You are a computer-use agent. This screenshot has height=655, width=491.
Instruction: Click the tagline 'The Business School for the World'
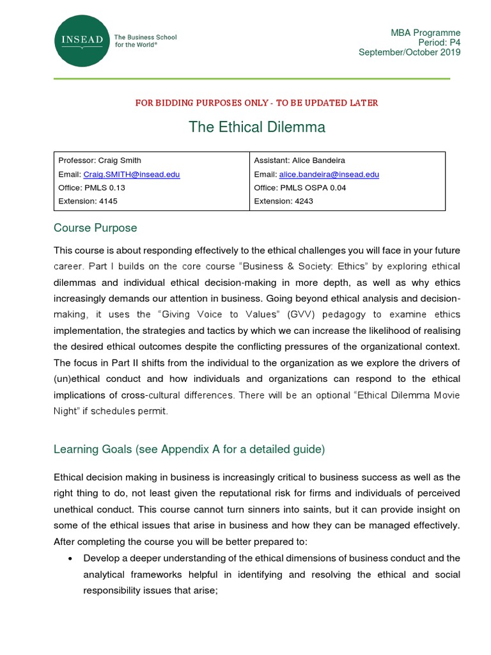(145, 41)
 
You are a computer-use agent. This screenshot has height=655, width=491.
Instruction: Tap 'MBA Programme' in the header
(425, 33)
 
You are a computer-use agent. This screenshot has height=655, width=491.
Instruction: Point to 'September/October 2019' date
(409, 52)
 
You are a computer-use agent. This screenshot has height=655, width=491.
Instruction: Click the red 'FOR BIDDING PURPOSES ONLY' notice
(256, 102)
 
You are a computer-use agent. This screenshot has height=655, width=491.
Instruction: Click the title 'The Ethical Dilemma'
(256, 127)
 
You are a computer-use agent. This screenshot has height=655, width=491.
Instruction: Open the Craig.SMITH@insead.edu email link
(131, 174)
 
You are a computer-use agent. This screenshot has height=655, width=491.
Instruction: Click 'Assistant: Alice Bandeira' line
(299, 160)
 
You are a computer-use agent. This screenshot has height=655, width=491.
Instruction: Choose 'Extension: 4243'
(284, 201)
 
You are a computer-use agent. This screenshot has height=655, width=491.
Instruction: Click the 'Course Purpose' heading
(95, 228)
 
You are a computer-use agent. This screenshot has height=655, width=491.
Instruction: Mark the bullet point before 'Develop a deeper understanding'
(70, 558)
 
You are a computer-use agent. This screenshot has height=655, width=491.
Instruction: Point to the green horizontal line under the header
(251, 79)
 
